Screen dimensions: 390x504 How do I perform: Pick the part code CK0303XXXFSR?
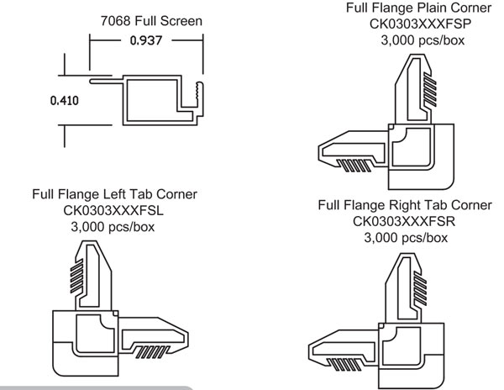tap(406, 222)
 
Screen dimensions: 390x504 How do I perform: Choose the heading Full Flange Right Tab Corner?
tap(406, 207)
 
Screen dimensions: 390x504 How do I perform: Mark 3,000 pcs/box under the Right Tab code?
tap(406, 238)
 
